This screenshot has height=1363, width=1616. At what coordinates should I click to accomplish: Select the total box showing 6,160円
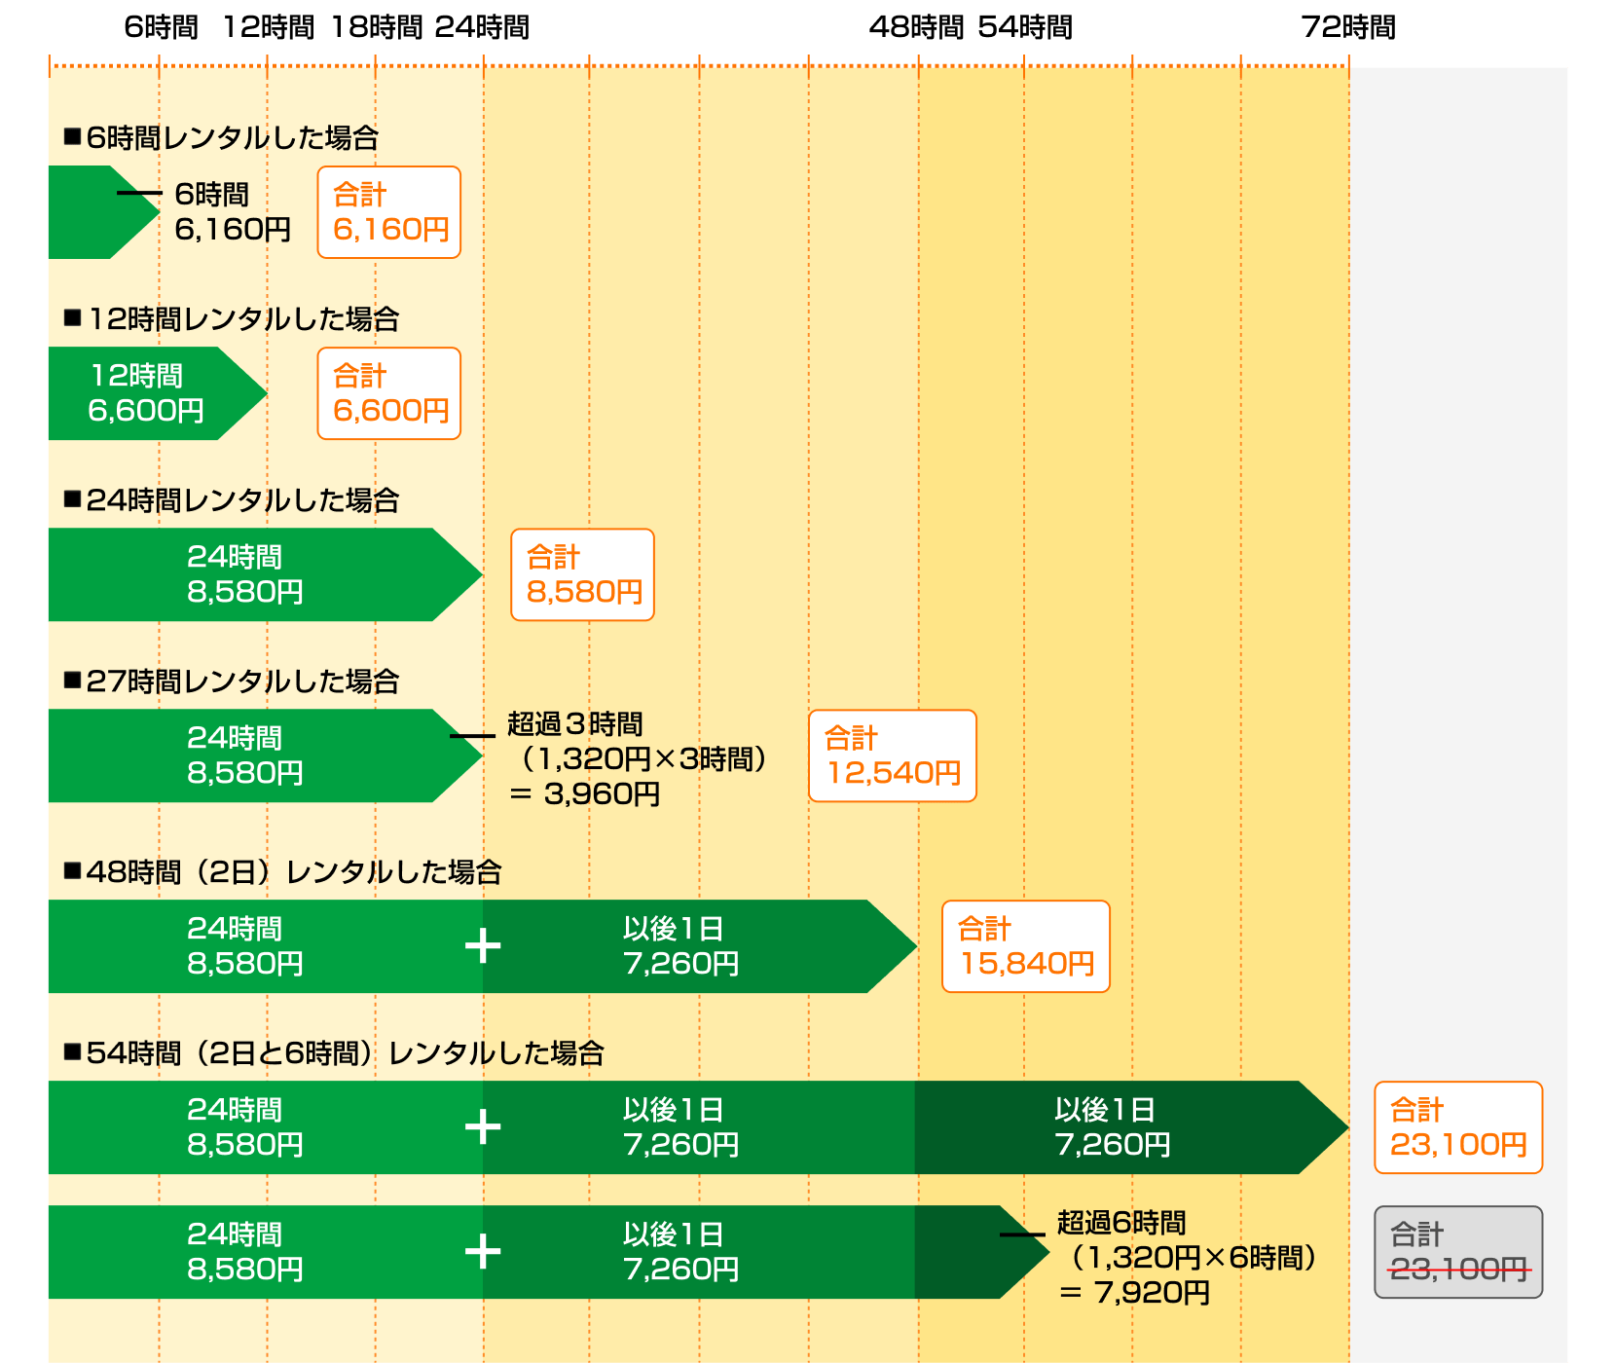tap(389, 212)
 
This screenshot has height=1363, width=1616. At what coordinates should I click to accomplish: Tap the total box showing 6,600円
tap(389, 393)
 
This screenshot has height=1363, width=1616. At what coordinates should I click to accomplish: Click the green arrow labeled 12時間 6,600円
tap(146, 393)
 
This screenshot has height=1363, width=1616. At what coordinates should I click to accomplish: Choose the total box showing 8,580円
tap(582, 574)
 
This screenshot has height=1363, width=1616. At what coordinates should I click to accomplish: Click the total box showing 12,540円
tap(892, 755)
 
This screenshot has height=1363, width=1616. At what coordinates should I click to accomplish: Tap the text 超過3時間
tap(574, 724)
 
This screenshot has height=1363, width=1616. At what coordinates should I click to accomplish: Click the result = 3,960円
tap(585, 794)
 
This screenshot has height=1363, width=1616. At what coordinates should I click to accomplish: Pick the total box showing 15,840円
tap(1025, 946)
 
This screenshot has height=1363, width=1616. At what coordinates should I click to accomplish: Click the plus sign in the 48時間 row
tap(483, 946)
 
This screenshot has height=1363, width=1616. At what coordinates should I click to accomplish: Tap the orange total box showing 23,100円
tap(1458, 1127)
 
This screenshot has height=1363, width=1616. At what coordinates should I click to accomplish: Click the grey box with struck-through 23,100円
tap(1458, 1252)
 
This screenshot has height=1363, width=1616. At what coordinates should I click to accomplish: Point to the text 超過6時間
tap(1121, 1223)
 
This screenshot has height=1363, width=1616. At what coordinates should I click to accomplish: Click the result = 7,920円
tap(1135, 1293)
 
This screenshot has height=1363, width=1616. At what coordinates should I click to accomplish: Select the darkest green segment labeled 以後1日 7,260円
tap(1113, 1127)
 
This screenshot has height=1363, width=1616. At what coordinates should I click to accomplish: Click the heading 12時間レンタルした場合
tap(242, 319)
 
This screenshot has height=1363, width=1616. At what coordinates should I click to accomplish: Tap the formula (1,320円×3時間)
tap(643, 759)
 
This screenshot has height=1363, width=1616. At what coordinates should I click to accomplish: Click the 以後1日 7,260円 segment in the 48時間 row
tap(680, 946)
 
